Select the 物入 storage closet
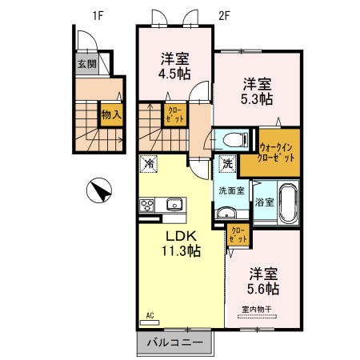(x=111, y=114)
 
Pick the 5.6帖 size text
(x=262, y=288)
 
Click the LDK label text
(x=181, y=236)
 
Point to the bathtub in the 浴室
(x=288, y=202)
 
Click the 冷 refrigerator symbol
(x=150, y=163)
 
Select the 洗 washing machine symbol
(x=228, y=163)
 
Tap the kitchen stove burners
(x=148, y=206)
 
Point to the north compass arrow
(x=100, y=191)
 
